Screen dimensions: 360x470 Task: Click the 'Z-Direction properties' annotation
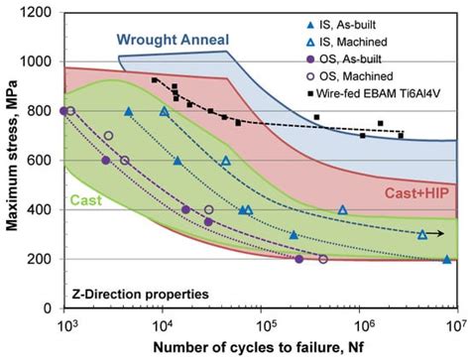tap(139, 295)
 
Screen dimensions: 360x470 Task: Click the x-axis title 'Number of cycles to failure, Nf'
tap(260, 347)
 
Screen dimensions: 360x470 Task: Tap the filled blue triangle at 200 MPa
tap(446, 259)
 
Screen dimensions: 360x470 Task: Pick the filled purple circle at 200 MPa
tap(299, 259)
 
